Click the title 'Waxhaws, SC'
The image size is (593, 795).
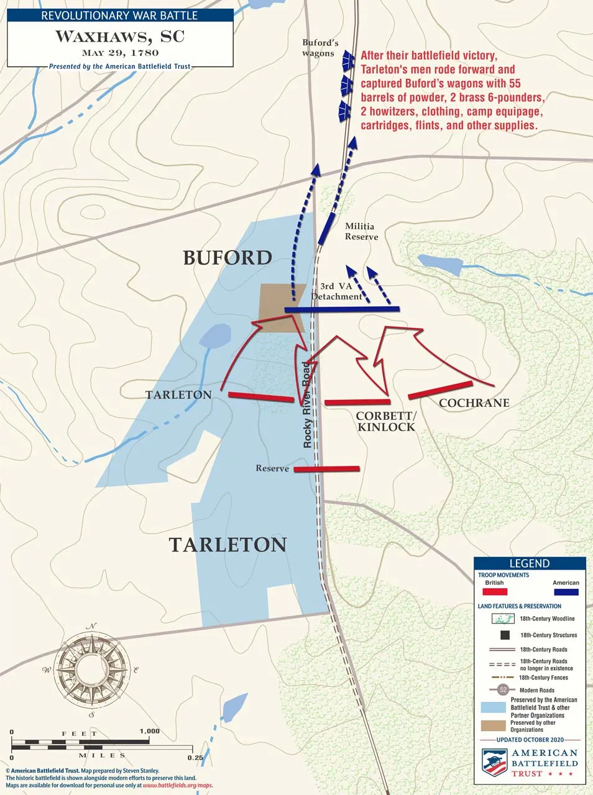120,36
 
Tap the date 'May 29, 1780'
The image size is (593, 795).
120,53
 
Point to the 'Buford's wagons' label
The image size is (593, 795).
320,48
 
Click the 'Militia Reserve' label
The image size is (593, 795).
361,232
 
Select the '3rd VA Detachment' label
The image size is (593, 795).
336,291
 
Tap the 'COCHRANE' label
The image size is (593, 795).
474,403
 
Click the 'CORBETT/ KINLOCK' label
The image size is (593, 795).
385,421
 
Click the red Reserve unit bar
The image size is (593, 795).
327,469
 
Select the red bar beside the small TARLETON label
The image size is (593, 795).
260,397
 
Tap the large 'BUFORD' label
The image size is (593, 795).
228,258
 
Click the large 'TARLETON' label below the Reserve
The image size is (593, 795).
228,545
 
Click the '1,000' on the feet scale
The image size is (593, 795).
150,731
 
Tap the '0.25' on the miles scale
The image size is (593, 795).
195,757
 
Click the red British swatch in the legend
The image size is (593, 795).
495,593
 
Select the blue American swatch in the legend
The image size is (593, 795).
566,593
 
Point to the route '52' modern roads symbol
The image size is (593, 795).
503,690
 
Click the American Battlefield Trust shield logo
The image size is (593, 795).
494,762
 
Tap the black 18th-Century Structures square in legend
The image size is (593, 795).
505,635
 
